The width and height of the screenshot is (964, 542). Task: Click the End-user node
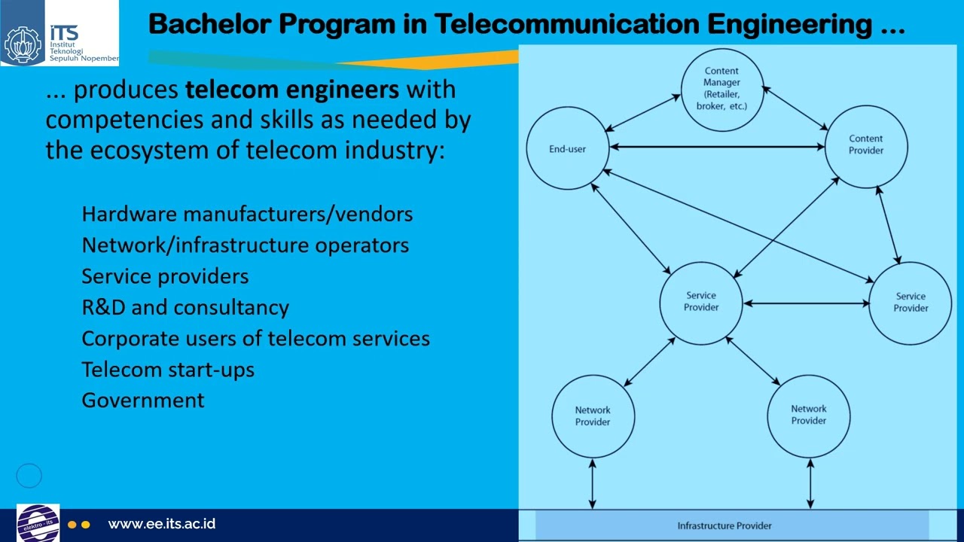(x=567, y=148)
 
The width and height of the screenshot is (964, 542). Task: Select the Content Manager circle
(x=721, y=89)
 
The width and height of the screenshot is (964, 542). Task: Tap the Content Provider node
(x=866, y=145)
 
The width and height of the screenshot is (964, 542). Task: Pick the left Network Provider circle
(x=593, y=416)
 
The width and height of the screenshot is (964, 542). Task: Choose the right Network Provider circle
(x=809, y=415)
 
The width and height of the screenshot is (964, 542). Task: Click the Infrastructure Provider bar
(x=725, y=525)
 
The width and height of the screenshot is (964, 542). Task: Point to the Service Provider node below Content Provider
(x=911, y=303)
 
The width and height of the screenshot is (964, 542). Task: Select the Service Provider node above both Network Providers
(x=701, y=302)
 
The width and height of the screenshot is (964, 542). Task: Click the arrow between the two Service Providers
(x=806, y=303)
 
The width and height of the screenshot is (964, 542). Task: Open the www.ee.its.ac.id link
(x=162, y=524)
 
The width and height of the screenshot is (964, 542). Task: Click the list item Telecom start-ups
(x=168, y=370)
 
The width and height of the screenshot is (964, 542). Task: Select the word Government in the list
(x=143, y=400)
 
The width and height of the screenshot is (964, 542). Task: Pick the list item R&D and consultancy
(x=185, y=307)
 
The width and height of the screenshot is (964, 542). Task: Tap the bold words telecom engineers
(x=292, y=90)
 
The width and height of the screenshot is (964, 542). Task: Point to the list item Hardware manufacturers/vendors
(x=247, y=214)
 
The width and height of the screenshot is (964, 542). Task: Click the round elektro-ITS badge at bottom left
(x=38, y=523)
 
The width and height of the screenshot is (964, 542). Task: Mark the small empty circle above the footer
(x=29, y=475)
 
